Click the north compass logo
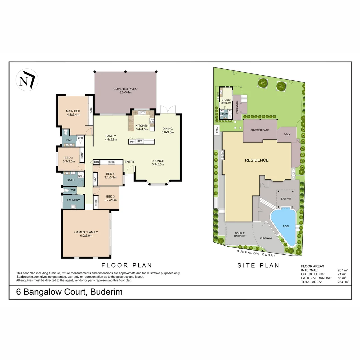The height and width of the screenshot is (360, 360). pyautogui.click(x=27, y=80)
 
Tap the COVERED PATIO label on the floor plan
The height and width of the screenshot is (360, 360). pyautogui.click(x=125, y=89)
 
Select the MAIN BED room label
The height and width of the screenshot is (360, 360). pyautogui.click(x=73, y=111)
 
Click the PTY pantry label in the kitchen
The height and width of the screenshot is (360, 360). pyautogui.click(x=132, y=142)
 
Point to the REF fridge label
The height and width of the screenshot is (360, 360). pyautogui.click(x=140, y=142)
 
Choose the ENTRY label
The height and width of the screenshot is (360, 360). pyautogui.click(x=129, y=162)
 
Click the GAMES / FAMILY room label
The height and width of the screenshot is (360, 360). pyautogui.click(x=86, y=232)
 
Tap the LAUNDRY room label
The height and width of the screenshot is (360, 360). pyautogui.click(x=73, y=200)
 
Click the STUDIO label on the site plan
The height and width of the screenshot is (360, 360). pyautogui.click(x=226, y=100)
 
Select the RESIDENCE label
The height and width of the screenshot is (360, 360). pyautogui.click(x=256, y=160)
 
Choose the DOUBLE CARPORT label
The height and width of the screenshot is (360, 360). pyautogui.click(x=240, y=235)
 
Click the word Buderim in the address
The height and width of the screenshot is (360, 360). pyautogui.click(x=106, y=292)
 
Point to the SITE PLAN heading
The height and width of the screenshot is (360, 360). pyautogui.click(x=258, y=266)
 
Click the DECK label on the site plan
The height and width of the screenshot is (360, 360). pyautogui.click(x=287, y=135)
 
